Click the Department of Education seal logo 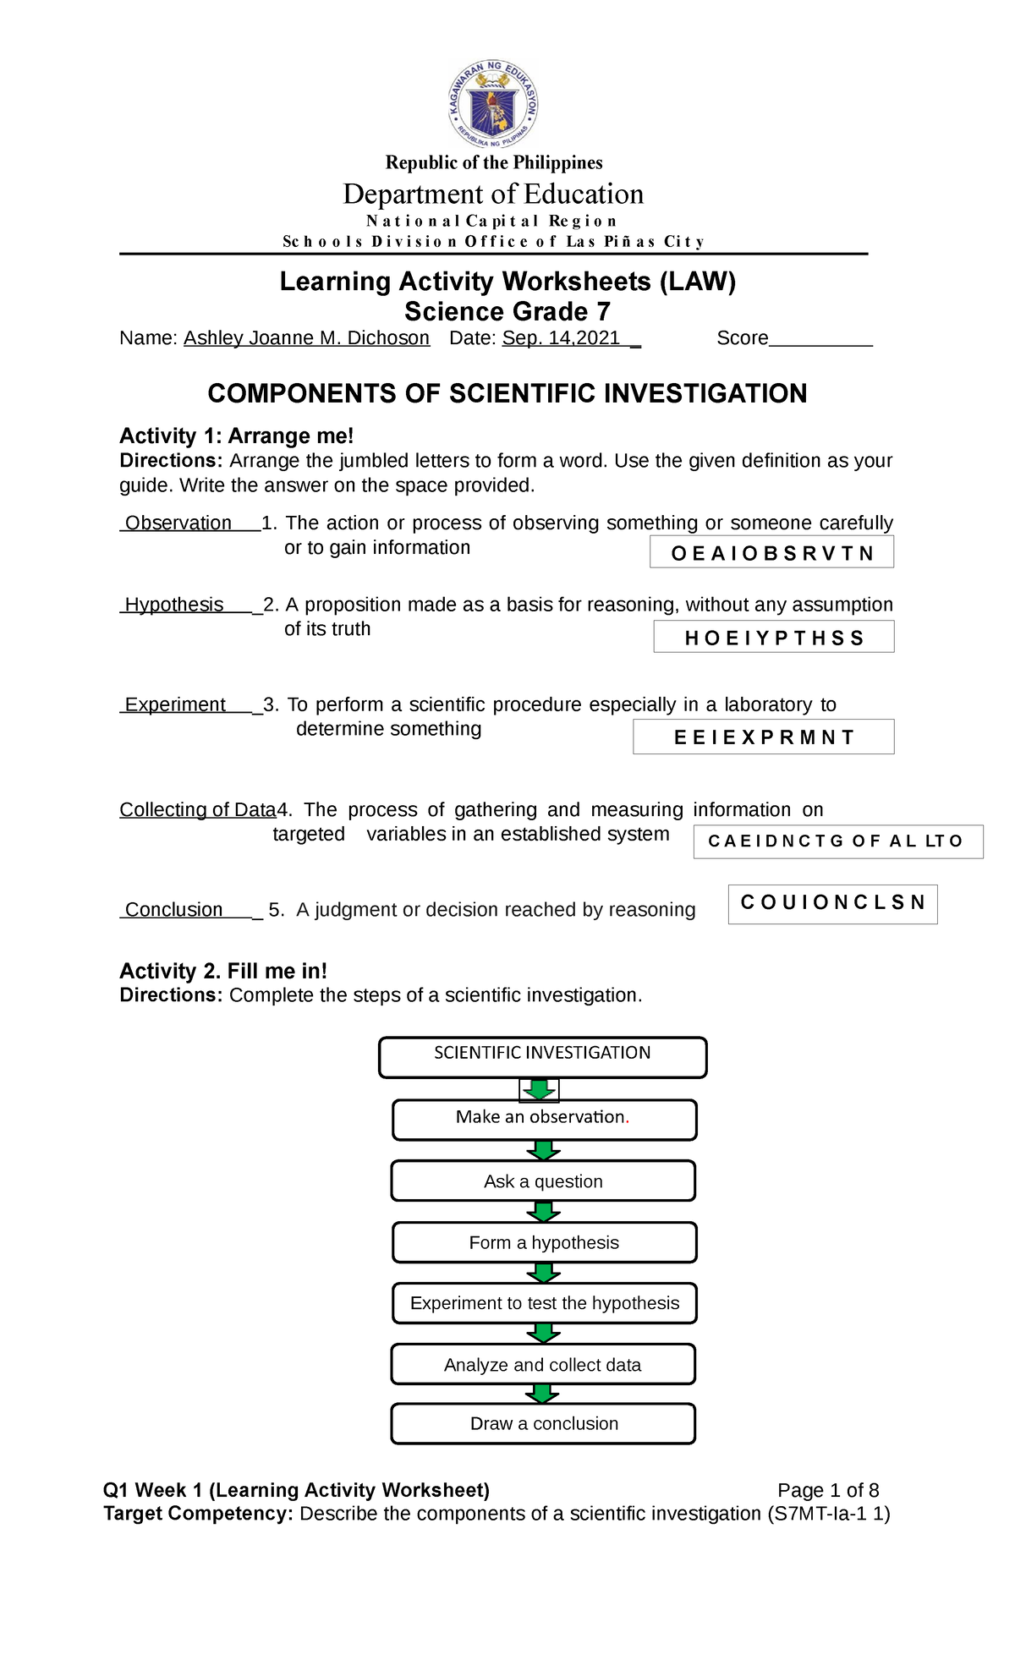(493, 105)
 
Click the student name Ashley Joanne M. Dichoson (306, 338)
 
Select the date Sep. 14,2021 (562, 338)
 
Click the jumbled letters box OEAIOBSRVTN (771, 553)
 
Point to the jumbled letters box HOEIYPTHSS (773, 638)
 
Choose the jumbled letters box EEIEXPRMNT (763, 737)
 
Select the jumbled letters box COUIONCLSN (832, 903)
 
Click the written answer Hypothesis (174, 605)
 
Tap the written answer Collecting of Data (198, 809)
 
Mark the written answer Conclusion (174, 909)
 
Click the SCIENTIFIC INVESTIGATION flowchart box (542, 1057)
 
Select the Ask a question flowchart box (543, 1181)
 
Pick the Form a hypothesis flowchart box (544, 1242)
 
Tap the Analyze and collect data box (543, 1364)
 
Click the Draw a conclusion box (543, 1423)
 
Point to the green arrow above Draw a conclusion (543, 1393)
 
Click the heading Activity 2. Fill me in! (223, 971)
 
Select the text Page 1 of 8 (828, 1490)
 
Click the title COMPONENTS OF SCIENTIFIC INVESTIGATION (507, 393)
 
